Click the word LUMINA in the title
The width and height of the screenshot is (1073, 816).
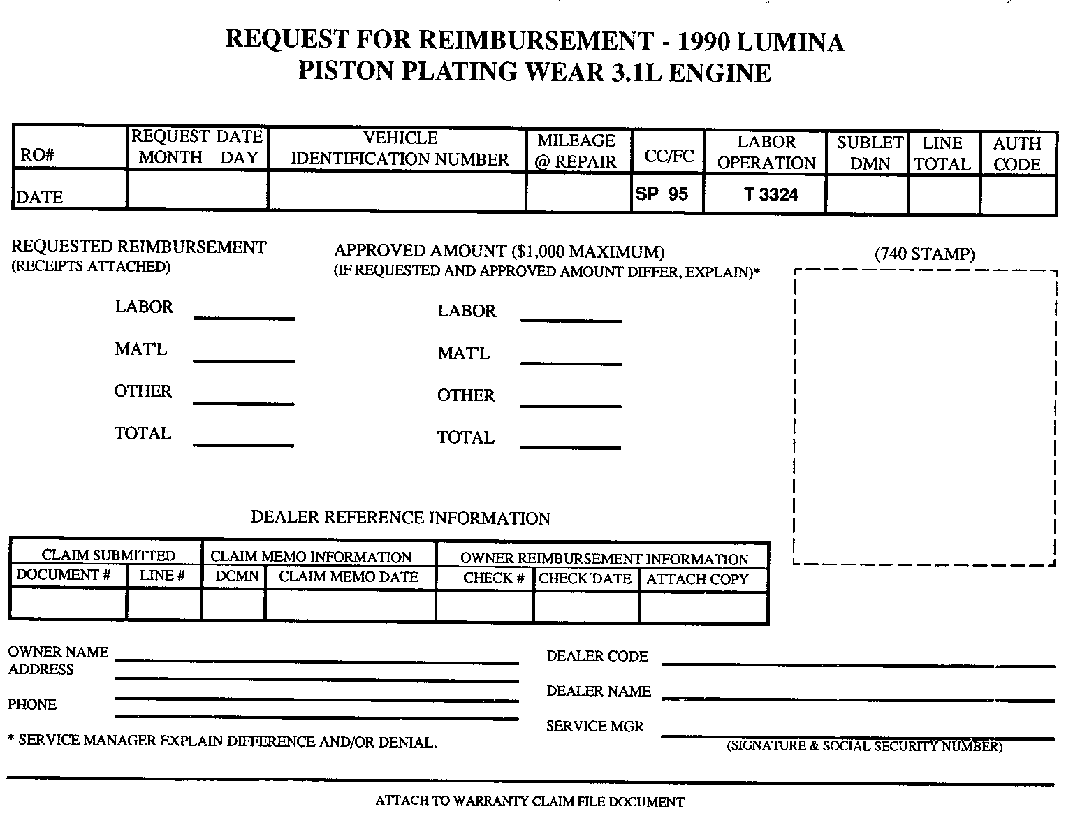[789, 42]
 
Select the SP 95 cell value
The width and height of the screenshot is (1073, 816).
[662, 194]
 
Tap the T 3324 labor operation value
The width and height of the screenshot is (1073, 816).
[771, 195]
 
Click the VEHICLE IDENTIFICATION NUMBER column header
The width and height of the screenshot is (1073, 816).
[400, 148]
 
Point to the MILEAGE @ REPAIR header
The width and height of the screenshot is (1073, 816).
[576, 151]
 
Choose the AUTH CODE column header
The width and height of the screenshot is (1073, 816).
[1017, 154]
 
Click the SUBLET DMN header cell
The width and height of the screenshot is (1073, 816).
[870, 153]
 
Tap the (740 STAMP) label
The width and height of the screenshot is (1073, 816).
[924, 254]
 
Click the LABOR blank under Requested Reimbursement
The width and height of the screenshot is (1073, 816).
[244, 310]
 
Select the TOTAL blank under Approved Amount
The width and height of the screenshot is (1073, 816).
[571, 440]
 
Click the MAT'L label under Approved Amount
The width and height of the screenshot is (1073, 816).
[464, 354]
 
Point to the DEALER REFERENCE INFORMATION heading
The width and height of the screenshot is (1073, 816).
[400, 518]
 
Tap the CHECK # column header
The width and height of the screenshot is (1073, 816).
[494, 578]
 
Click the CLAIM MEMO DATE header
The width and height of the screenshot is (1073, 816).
[349, 577]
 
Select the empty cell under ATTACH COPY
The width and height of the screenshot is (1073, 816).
[703, 606]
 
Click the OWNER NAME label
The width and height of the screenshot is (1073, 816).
[58, 652]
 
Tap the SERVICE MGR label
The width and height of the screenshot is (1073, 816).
[595, 727]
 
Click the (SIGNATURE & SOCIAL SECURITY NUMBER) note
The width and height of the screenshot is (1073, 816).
[865, 746]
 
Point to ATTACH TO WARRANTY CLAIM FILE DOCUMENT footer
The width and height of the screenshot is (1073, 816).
[530, 801]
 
